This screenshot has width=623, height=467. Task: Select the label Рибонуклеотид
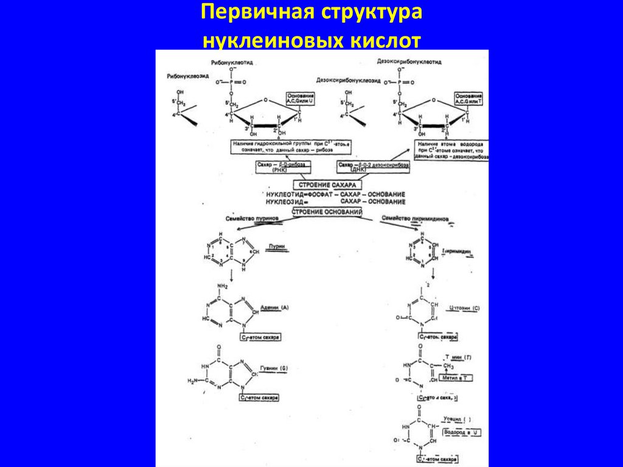pyautogui.click(x=232, y=63)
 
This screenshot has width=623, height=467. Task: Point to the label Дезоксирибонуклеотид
pyautogui.click(x=408, y=62)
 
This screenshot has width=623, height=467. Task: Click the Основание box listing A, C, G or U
pyautogui.click(x=301, y=100)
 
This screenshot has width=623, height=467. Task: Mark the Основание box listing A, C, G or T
pyautogui.click(x=468, y=100)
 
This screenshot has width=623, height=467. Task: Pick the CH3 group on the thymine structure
pyautogui.click(x=448, y=367)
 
